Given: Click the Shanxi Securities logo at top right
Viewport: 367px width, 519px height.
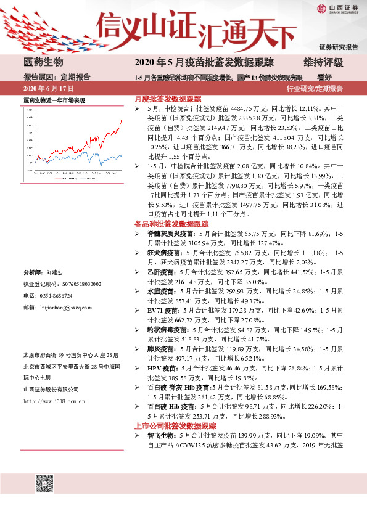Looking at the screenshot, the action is click(x=337, y=8).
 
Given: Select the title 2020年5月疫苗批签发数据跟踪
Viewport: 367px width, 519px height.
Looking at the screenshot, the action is click(x=204, y=62).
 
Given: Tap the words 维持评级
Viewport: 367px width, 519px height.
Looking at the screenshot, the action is click(x=323, y=62).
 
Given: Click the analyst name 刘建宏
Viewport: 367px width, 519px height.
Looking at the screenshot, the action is click(x=55, y=272).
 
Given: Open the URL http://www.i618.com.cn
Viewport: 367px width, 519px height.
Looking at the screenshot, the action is click(x=54, y=401).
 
